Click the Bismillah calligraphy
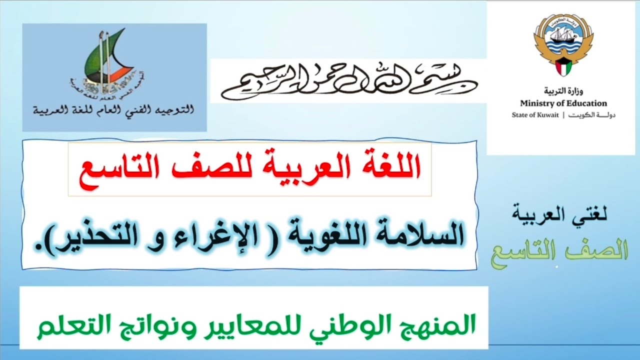(x=348, y=80)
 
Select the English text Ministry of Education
(x=563, y=103)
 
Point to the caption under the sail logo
(x=113, y=108)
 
